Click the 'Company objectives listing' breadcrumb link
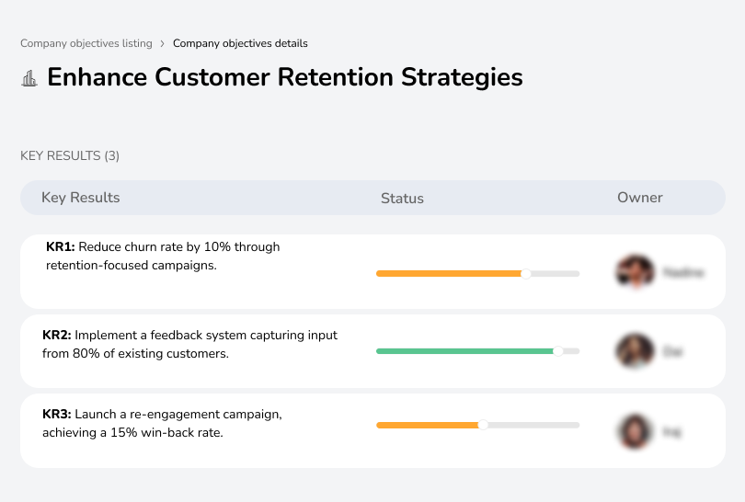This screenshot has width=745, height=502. click(86, 43)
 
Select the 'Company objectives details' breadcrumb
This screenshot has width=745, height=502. click(240, 43)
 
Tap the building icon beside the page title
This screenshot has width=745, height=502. click(29, 78)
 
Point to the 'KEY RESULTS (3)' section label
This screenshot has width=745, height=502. click(70, 155)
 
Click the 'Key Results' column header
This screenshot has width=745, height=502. click(80, 198)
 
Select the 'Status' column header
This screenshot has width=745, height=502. click(402, 198)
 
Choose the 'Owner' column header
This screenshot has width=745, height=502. click(640, 198)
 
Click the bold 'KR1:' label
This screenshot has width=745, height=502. click(61, 247)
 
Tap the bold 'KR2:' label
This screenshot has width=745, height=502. click(57, 336)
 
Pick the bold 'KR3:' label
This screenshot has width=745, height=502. click(57, 415)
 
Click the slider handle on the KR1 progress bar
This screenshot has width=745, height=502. click(526, 273)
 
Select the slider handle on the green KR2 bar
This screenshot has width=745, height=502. click(557, 351)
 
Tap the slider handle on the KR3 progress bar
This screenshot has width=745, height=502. click(483, 425)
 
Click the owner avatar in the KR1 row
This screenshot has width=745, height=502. click(635, 272)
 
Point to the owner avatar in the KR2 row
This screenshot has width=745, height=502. click(635, 351)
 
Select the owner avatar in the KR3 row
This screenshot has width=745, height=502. click(635, 431)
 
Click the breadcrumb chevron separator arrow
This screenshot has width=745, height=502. click(163, 43)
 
